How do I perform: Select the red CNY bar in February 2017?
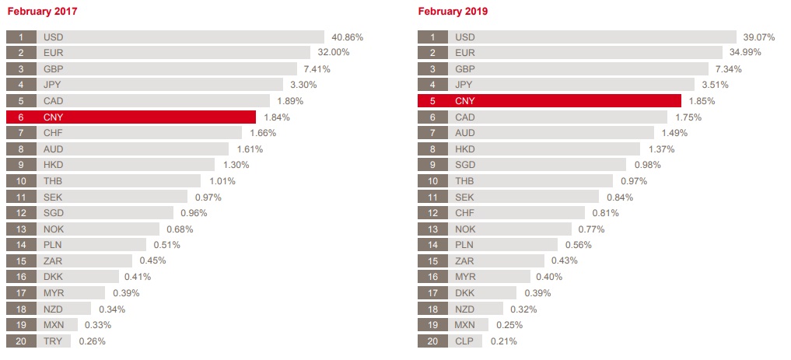[x=148, y=117]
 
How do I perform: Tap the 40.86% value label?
[x=347, y=37]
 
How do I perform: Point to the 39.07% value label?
[x=759, y=37]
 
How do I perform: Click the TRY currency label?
[x=53, y=341]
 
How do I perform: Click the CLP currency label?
[x=465, y=341]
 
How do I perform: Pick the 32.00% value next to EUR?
[x=333, y=52]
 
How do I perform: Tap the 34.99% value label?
[x=745, y=52]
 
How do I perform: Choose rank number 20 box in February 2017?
[x=21, y=341]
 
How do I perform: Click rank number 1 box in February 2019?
[x=432, y=37]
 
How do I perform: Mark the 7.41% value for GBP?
[x=317, y=68]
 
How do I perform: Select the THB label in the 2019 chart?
[x=465, y=181]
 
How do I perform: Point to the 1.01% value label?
[x=222, y=181]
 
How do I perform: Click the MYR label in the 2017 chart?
[x=54, y=292]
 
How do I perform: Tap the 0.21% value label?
[x=504, y=341]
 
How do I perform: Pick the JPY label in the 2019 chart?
[x=464, y=85]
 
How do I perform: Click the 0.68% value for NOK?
[x=180, y=229]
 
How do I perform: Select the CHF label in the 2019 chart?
[x=465, y=213]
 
